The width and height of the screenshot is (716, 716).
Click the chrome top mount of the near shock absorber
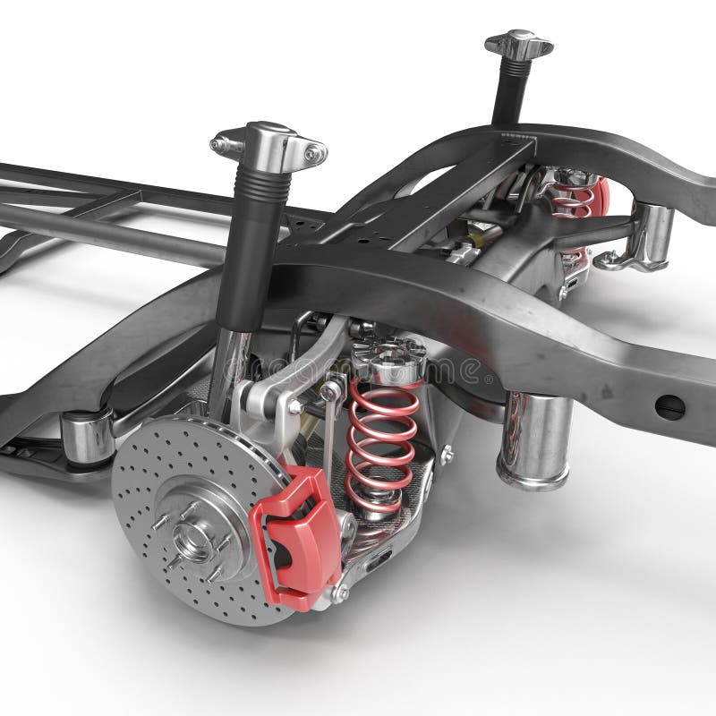(x=268, y=143)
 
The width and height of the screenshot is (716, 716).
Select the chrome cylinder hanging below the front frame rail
(x=536, y=439)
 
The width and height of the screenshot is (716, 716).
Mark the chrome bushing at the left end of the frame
(x=87, y=434)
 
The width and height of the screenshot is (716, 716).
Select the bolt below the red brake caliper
(x=341, y=592)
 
